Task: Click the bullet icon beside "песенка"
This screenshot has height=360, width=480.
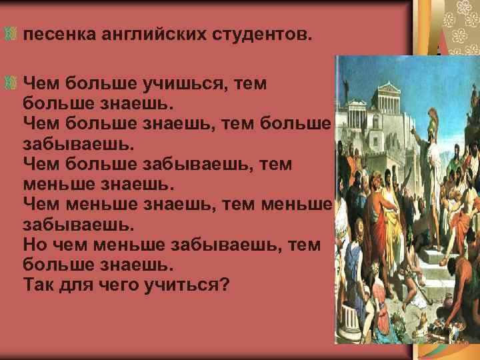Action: (10, 33)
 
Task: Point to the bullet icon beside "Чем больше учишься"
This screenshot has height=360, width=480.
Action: (10, 84)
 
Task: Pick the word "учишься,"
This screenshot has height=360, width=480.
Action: (180, 84)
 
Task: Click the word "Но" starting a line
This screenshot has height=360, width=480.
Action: (35, 245)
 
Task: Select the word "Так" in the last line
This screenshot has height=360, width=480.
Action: (37, 285)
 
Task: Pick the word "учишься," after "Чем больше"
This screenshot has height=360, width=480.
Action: (180, 84)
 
